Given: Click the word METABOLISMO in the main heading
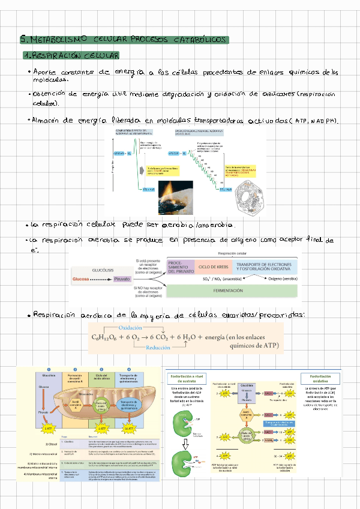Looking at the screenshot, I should pyautogui.click(x=55, y=40).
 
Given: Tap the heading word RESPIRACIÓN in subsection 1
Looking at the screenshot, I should pyautogui.click(x=55, y=56).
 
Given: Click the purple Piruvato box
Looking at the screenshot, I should pyautogui.click(x=122, y=279).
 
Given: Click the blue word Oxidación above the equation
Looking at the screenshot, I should pyautogui.click(x=131, y=328).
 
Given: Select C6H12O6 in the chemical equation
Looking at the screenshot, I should pyautogui.click(x=104, y=337).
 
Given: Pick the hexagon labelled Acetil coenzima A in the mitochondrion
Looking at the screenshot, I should pyautogui.click(x=76, y=403).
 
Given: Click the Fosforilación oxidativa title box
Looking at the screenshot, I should pyautogui.click(x=320, y=379).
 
